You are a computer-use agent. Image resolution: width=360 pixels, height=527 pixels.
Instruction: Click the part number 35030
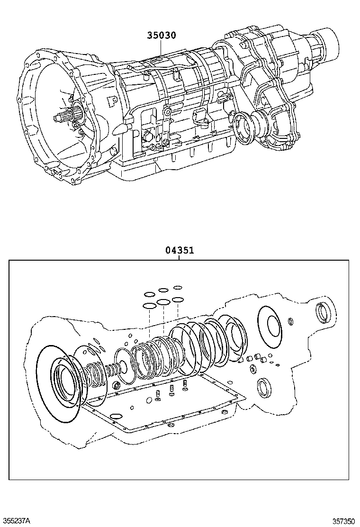click(x=161, y=35)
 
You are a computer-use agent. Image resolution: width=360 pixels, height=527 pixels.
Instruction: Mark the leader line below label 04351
click(x=180, y=257)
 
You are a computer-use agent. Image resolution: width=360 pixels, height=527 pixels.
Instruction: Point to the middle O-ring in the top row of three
click(x=164, y=290)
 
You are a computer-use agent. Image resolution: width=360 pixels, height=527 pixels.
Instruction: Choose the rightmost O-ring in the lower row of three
click(x=178, y=300)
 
